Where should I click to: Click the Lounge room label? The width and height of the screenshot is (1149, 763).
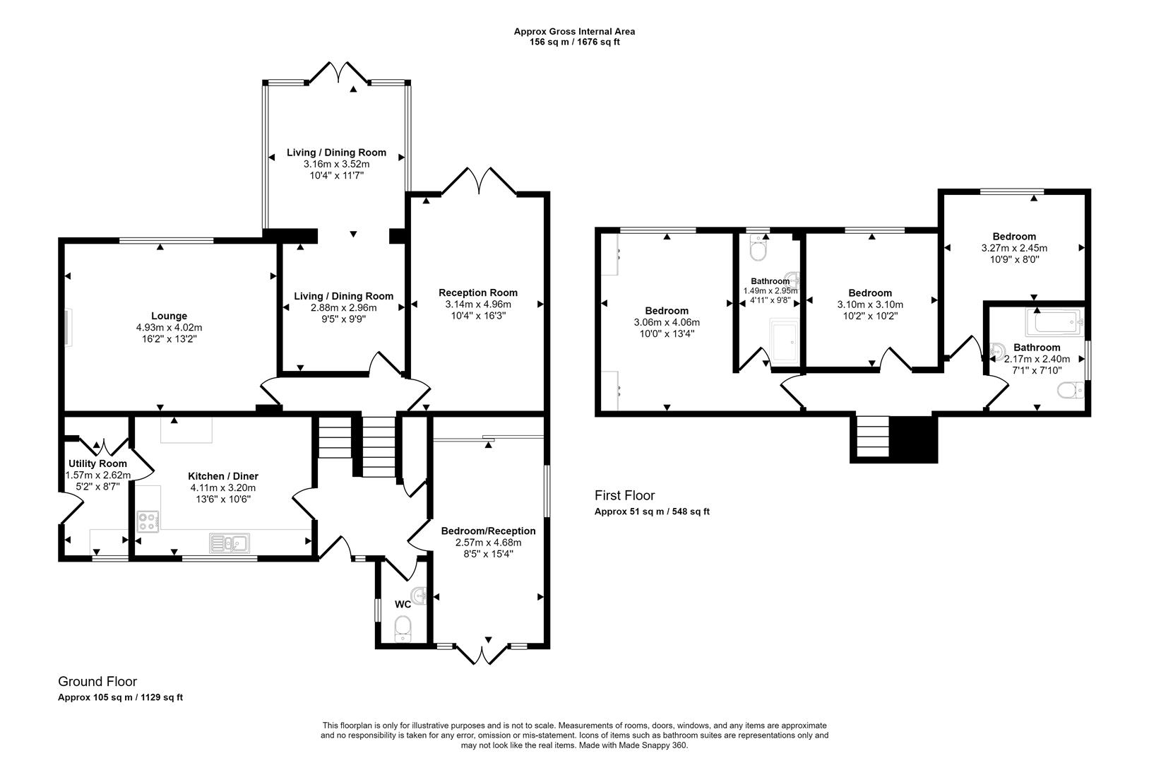(169, 316)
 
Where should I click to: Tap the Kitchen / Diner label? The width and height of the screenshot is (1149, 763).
(222, 476)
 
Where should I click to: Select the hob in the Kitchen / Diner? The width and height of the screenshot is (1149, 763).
(148, 521)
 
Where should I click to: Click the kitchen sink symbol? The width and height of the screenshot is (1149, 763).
(229, 543)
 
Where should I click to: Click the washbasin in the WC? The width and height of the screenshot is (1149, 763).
(421, 596)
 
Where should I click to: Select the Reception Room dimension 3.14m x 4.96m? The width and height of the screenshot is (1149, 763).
(478, 304)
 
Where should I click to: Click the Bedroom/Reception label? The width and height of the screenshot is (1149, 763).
(488, 531)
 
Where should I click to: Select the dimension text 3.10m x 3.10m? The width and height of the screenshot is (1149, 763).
(870, 304)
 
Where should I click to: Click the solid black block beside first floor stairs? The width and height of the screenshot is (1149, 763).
(912, 439)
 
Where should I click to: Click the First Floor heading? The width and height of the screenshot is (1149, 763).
(624, 496)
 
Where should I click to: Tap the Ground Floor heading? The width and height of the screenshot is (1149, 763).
(97, 682)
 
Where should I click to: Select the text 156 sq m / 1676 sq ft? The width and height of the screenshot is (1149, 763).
(574, 42)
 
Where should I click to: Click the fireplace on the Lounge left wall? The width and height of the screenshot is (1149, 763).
(68, 328)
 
